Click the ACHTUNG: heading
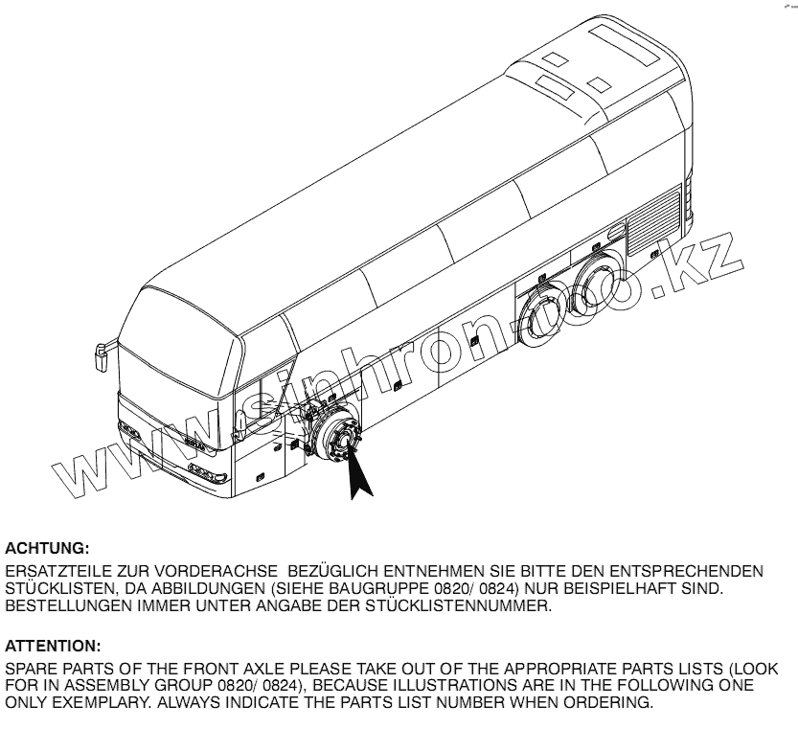[48, 549]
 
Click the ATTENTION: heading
[53, 647]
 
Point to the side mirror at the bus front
[99, 355]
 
